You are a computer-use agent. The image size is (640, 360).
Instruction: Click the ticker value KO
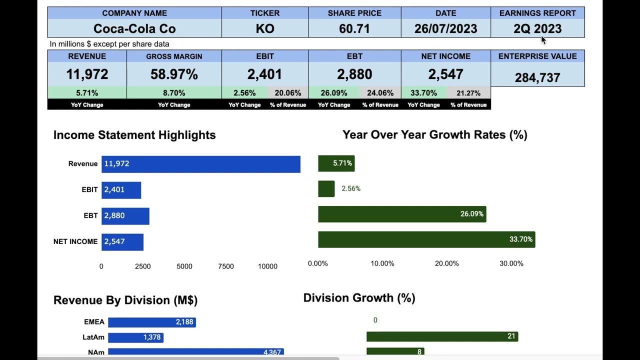[x=265, y=29]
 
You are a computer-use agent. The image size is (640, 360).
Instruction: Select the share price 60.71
[x=354, y=29]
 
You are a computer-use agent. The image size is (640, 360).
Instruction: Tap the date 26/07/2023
[x=445, y=29]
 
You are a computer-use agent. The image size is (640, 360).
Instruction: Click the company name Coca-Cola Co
[x=134, y=29]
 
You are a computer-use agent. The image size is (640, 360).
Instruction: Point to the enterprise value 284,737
[x=537, y=77]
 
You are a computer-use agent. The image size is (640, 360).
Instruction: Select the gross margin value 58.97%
[x=174, y=74]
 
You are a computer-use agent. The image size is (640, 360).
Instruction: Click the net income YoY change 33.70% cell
[x=423, y=93]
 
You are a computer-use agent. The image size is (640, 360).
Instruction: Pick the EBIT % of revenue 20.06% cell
[x=288, y=93]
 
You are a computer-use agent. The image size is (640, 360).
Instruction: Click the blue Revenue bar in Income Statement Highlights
[x=200, y=164]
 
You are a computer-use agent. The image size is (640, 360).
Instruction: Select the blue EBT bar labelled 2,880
[x=125, y=216]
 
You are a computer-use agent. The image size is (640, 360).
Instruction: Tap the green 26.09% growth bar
[x=402, y=214]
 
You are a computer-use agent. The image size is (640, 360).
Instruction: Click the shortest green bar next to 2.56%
[x=326, y=189]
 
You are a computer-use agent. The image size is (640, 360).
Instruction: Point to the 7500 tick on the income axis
[x=226, y=266]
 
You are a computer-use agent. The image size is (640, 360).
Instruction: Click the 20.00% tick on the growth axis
[x=446, y=263]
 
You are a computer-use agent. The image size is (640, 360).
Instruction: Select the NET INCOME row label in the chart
[x=75, y=241]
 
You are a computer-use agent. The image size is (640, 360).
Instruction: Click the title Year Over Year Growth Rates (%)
[x=434, y=134]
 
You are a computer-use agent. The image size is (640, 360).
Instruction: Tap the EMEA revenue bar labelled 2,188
[x=151, y=322]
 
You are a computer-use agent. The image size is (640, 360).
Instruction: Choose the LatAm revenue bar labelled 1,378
[x=135, y=337]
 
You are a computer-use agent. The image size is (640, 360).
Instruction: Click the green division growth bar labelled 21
[x=442, y=336]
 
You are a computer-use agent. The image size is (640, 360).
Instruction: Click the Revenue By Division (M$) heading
[x=125, y=300]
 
